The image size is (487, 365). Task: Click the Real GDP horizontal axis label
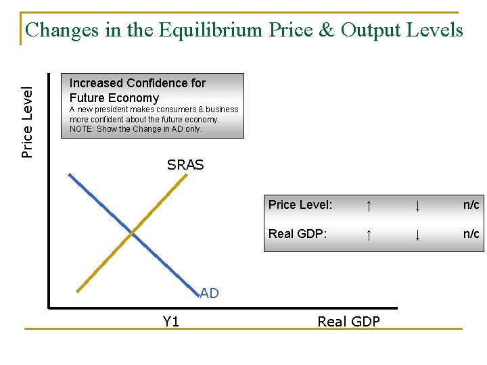tap(348, 322)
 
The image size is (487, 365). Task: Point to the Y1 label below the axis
tap(171, 322)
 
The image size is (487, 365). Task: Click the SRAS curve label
tap(185, 165)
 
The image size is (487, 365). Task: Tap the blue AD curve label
tap(209, 293)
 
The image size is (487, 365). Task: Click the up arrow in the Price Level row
tap(369, 205)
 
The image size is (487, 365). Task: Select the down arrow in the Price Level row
tap(418, 205)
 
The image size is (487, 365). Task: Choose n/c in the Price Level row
tap(471, 205)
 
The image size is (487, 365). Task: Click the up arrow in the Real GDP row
tap(369, 234)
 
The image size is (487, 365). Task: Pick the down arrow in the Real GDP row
tap(418, 234)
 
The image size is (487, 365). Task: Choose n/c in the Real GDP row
tap(471, 234)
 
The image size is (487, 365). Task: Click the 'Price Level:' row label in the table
tap(300, 205)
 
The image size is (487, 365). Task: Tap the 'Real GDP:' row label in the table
tap(298, 234)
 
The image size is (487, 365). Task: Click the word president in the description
tap(113, 109)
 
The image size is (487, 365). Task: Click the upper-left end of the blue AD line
tap(69, 174)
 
